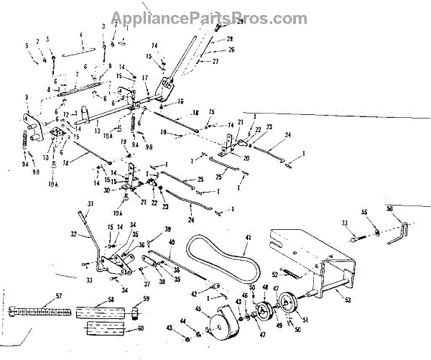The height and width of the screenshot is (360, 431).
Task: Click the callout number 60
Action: coord(141,328)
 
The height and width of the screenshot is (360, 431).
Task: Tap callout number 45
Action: coord(199,310)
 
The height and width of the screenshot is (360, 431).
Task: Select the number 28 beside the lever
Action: coord(230,37)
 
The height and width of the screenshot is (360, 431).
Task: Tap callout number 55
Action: coord(364,213)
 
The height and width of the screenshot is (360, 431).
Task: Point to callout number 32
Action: coord(74,234)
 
